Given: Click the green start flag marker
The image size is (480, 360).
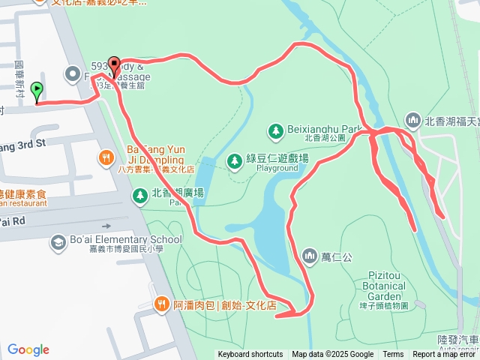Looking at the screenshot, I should pyautogui.click(x=37, y=92).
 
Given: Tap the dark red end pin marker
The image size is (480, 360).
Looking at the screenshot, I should pyautogui.click(x=114, y=67).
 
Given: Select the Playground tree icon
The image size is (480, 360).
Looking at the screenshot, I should pyautogui.click(x=234, y=160).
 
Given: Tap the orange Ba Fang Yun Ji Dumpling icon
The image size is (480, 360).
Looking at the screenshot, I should pyautogui.click(x=106, y=158).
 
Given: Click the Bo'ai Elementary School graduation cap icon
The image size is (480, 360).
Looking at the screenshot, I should pyautogui.click(x=58, y=241).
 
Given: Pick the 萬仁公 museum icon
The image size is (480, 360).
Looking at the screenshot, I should pyautogui.click(x=310, y=257).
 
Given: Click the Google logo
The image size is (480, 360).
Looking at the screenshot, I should pyautogui.click(x=28, y=349).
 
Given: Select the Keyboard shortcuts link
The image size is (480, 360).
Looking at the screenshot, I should pyautogui.click(x=250, y=355).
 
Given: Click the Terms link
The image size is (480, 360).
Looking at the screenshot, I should pyautogui.click(x=393, y=355).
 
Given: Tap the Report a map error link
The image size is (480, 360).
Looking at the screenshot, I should pyautogui.click(x=445, y=355).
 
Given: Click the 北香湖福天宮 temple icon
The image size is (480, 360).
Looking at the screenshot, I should pyautogui.click(x=412, y=120).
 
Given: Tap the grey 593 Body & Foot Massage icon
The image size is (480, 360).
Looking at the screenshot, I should pyautogui.click(x=73, y=73).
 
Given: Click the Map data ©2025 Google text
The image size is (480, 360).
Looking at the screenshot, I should pyautogui.click(x=332, y=355).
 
